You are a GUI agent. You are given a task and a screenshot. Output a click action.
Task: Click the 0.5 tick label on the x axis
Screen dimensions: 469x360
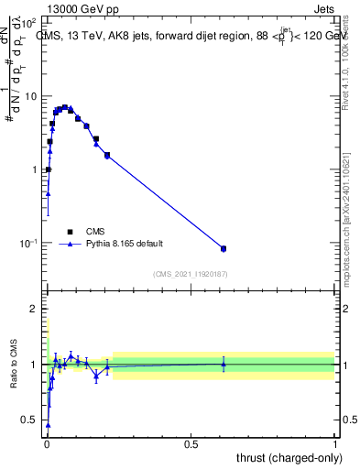click(x=191, y=444)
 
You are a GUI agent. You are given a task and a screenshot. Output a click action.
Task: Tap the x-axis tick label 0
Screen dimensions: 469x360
click(x=46, y=444)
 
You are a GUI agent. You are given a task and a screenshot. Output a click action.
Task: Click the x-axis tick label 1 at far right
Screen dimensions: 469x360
click(x=335, y=444)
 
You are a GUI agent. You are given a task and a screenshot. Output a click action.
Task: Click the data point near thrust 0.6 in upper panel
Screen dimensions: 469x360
click(x=224, y=248)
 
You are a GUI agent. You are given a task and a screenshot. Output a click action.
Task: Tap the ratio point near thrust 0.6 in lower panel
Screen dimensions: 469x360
click(x=224, y=364)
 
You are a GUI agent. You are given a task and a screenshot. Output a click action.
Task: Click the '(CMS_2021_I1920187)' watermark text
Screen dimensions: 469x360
click(x=190, y=274)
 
